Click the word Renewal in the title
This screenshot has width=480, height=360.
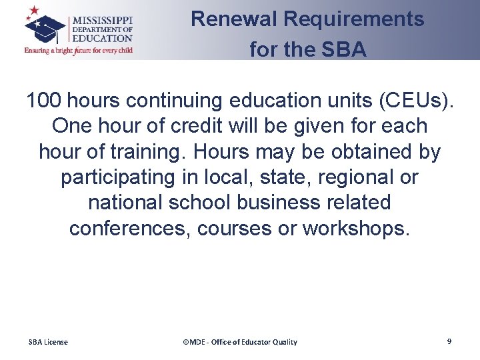coord(234,19)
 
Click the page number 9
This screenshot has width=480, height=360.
coord(449,341)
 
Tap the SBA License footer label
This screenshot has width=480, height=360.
coord(48,342)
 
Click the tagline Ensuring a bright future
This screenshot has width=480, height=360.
coord(78,50)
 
